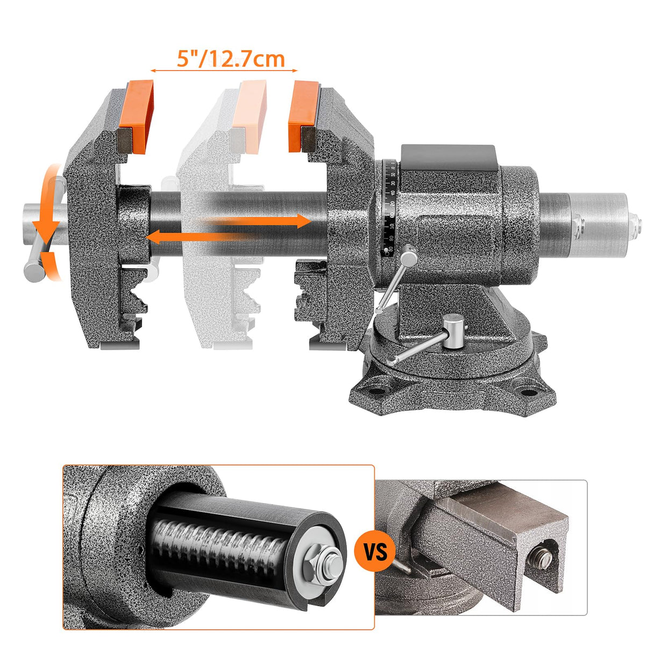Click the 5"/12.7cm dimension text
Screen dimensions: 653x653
(231, 59)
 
